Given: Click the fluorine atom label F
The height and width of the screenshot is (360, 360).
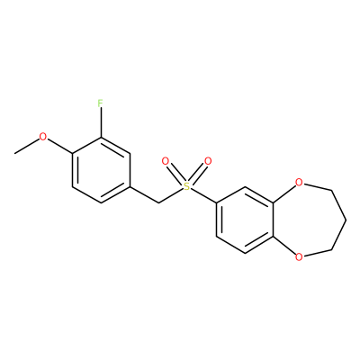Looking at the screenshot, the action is coord(100,103).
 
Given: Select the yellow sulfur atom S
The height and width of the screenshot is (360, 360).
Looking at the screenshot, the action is coord(186,187).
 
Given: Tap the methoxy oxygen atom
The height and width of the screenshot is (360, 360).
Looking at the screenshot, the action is coord(43,137).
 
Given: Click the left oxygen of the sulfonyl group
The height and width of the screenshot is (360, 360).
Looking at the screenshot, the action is coord(165,161).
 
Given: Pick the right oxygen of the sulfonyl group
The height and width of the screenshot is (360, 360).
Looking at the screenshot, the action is coord(208,161).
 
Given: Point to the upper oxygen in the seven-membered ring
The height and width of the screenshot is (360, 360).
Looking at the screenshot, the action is coord(299,182).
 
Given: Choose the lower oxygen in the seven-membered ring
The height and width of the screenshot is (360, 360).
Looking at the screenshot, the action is coord(299,257).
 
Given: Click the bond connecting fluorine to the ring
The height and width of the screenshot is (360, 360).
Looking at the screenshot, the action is coord(101,123).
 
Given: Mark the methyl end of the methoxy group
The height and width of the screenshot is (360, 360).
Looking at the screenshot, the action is coord(14,154).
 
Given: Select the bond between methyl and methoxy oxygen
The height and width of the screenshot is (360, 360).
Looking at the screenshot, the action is coord(27,147).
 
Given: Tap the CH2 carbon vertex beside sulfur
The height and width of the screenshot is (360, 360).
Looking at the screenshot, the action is coord(158,203).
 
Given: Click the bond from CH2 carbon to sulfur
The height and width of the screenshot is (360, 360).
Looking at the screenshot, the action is coord(170,196).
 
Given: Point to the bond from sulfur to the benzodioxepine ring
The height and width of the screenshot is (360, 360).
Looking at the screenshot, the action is coord(203,196).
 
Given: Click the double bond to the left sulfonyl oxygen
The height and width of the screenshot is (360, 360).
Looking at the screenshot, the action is coord(175,174).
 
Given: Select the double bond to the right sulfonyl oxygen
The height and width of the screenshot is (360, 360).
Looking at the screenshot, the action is coord(198,174).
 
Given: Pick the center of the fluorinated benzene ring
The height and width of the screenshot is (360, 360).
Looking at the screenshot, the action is coord(101,170).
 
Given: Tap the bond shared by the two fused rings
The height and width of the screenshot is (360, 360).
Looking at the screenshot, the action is coord(273,220).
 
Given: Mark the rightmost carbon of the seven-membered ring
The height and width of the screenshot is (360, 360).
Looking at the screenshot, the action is coord(346,220).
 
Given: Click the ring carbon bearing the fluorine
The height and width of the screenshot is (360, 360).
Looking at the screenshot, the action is coord(101,138).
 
